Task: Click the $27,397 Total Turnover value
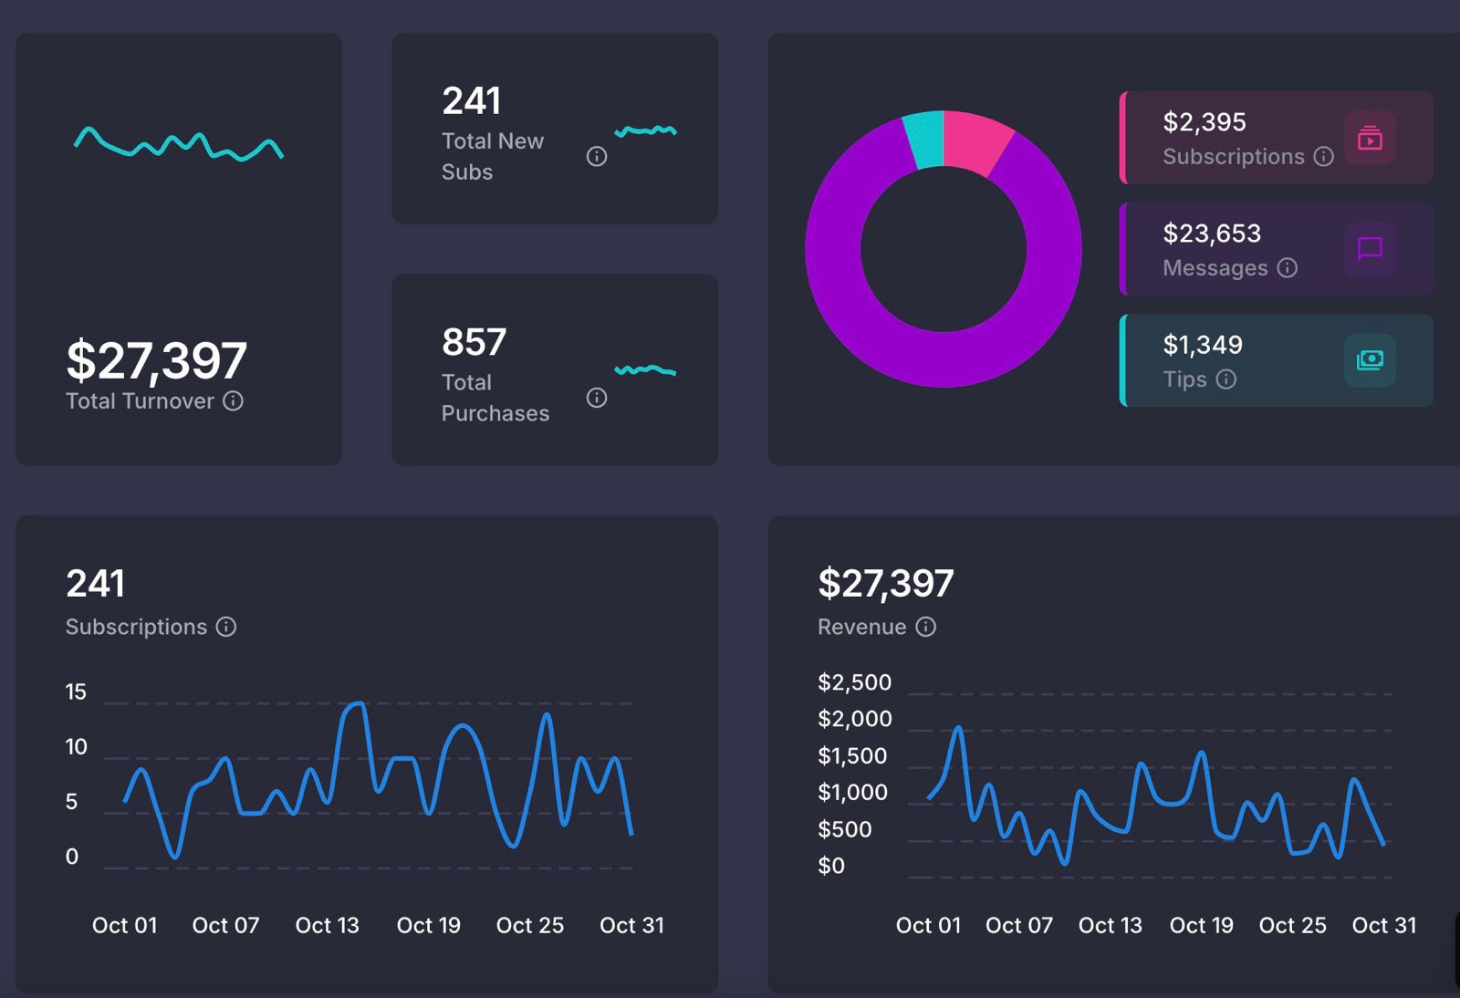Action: [x=156, y=360]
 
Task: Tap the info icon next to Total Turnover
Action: [x=234, y=401]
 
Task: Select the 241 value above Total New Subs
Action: [x=471, y=101]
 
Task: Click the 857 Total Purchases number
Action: [x=474, y=343]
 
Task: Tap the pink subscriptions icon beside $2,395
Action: [x=1370, y=138]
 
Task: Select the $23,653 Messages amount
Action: [x=1212, y=234]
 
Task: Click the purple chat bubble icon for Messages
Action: [x=1370, y=248]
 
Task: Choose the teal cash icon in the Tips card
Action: [x=1370, y=360]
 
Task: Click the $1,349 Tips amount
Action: [x=1203, y=345]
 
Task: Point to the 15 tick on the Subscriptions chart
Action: [x=76, y=692]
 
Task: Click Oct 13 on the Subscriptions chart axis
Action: [x=327, y=925]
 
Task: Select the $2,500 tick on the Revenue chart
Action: [x=854, y=682]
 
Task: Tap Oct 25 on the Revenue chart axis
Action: [x=1292, y=925]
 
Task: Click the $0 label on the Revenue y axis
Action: [x=831, y=866]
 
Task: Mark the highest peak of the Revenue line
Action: [x=958, y=728]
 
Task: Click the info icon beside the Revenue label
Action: [x=925, y=627]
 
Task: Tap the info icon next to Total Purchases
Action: [x=597, y=398]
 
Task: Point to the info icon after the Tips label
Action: [x=1226, y=379]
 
